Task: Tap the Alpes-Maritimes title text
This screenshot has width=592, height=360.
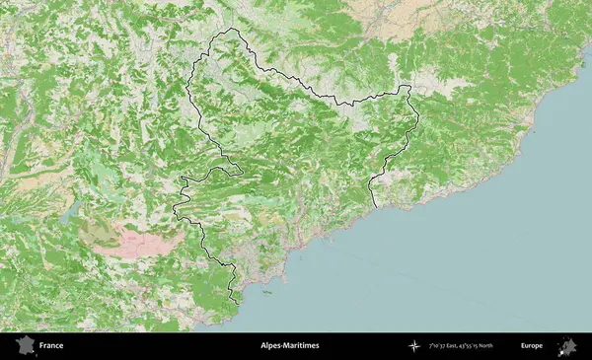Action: (289, 346)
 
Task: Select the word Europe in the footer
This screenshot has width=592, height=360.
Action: (532, 346)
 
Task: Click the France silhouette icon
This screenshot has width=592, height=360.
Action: (25, 345)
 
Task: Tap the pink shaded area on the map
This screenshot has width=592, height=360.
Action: (148, 239)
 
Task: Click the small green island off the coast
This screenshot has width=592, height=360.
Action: (265, 292)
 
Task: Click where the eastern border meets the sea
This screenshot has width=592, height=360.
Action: (375, 205)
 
